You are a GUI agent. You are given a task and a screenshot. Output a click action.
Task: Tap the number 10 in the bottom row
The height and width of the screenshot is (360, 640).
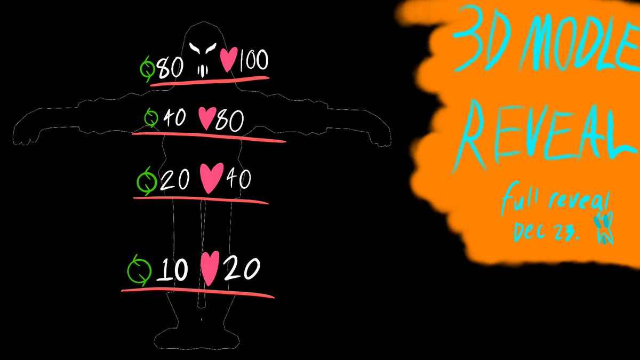click(172, 272)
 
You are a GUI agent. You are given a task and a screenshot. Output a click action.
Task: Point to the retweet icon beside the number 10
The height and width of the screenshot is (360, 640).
click(140, 271)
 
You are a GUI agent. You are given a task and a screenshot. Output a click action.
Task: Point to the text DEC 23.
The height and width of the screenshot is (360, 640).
click(544, 230)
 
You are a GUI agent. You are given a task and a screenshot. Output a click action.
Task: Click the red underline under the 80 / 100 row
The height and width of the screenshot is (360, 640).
click(210, 81)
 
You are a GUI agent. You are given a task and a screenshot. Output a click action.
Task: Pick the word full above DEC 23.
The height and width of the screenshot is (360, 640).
click(520, 203)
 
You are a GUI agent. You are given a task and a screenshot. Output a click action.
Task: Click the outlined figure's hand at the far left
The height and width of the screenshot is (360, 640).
click(24, 139)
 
